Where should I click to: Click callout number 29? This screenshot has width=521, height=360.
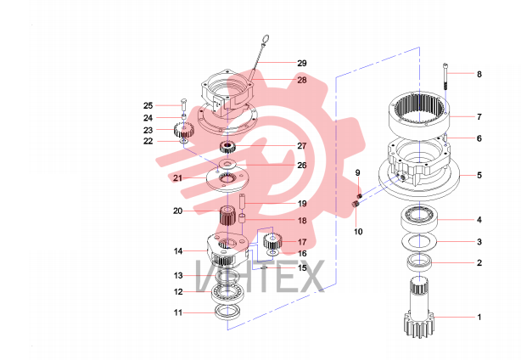click(302, 63)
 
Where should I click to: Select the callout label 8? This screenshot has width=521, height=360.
click(479, 74)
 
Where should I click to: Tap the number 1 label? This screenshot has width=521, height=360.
click(479, 317)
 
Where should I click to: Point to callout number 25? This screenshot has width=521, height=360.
click(148, 105)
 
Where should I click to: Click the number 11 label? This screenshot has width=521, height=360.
click(178, 312)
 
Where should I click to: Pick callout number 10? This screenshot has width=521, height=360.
click(358, 231)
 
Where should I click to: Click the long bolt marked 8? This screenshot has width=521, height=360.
click(446, 76)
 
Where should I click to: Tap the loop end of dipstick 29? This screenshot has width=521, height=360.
click(265, 40)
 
